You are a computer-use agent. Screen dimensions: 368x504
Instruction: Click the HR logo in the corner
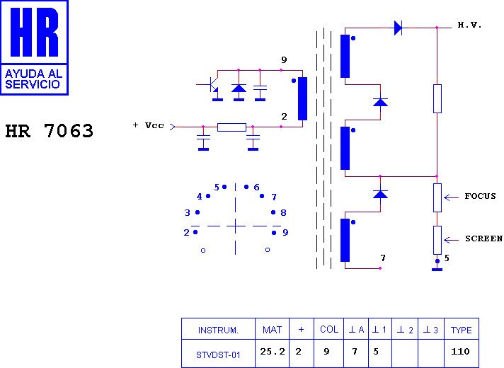(x=34, y=47)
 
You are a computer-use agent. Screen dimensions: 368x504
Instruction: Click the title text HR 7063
(x=50, y=132)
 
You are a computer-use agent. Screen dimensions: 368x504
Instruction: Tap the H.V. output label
(x=469, y=25)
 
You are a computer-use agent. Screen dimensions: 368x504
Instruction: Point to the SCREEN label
(x=483, y=238)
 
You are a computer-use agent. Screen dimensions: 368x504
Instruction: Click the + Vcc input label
(x=149, y=125)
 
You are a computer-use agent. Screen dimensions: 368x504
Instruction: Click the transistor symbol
(x=210, y=86)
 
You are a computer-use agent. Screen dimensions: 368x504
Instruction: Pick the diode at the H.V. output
(x=398, y=28)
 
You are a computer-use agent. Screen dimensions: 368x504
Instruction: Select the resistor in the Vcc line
(x=231, y=127)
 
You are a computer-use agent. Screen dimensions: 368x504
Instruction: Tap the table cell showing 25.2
(x=272, y=352)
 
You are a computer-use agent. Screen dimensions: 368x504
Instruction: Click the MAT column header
(x=272, y=330)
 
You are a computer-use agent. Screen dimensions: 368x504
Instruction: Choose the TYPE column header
(x=462, y=330)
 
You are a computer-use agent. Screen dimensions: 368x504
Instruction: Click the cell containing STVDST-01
(x=218, y=353)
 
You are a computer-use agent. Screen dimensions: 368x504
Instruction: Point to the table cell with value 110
(x=462, y=352)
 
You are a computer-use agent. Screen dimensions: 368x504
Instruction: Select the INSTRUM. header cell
(x=218, y=330)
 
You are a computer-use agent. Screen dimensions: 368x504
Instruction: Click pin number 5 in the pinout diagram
(x=217, y=187)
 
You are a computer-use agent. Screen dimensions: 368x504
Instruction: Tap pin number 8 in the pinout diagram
(x=283, y=212)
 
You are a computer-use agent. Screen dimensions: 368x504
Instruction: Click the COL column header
(x=329, y=330)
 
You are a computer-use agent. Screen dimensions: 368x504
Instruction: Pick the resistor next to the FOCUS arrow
(x=437, y=197)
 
